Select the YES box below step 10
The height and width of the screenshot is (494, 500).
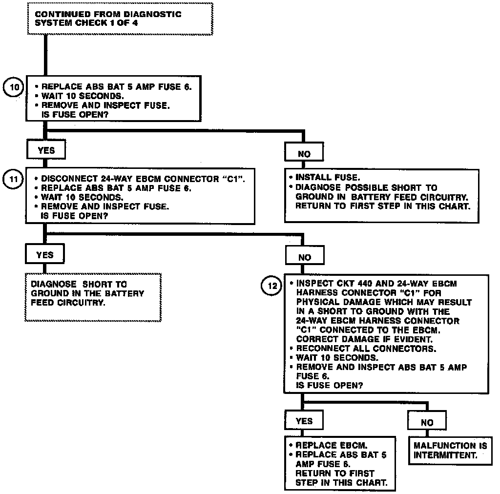[46, 150]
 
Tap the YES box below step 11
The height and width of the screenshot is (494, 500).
[45, 254]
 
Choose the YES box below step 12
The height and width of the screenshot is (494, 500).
[304, 421]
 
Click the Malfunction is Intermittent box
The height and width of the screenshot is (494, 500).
[444, 450]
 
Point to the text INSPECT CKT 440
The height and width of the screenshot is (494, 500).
[335, 283]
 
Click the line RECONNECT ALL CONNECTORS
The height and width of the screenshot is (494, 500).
[366, 349]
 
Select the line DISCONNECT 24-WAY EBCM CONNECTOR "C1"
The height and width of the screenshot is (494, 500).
[143, 179]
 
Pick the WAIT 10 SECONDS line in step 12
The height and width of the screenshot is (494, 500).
[336, 358]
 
